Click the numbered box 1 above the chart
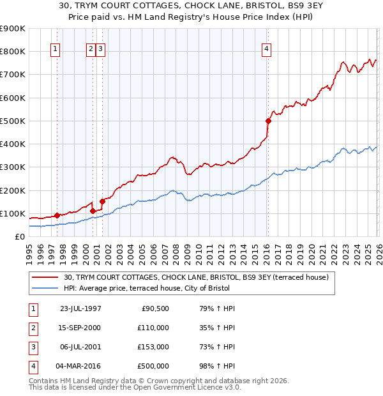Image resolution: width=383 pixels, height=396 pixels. point(55,49)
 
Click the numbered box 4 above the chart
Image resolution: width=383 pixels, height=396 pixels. point(266,49)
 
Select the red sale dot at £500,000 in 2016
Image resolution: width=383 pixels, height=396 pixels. point(268,120)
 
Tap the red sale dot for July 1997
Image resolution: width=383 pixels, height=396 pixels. point(57,215)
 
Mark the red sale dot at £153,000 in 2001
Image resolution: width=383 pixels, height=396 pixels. point(102,201)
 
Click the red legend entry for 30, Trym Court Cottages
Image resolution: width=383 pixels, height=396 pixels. point(196,277)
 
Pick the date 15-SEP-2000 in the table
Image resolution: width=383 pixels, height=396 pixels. point(80,328)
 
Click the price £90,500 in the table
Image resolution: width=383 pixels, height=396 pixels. point(153,308)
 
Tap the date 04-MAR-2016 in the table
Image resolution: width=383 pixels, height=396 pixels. point(80,366)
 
